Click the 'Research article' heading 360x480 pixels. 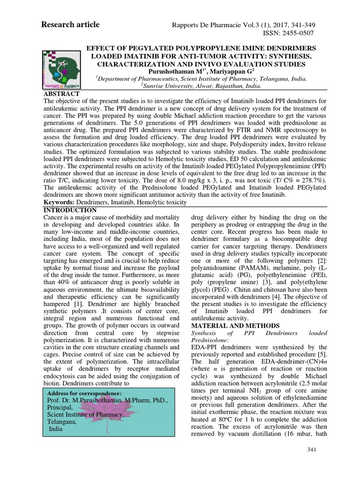[71, 24]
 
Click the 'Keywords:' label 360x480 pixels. [59, 202]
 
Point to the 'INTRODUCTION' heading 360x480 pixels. [70, 210]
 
